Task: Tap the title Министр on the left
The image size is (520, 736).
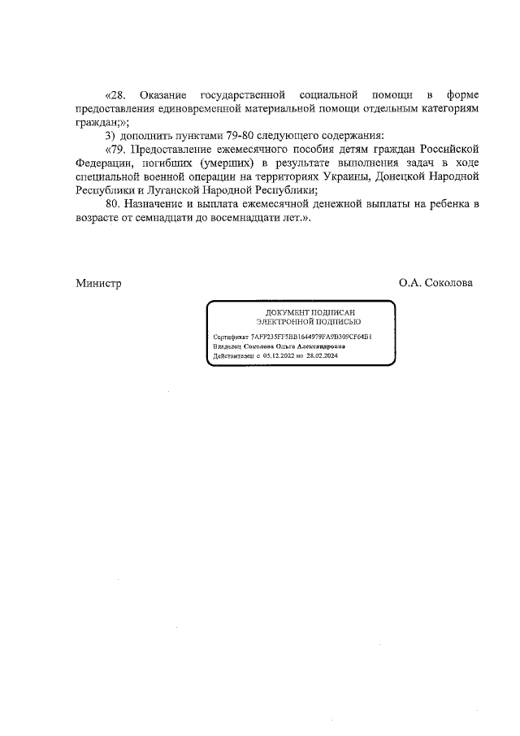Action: [x=98, y=283]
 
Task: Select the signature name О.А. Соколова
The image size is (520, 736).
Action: [x=435, y=283]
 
